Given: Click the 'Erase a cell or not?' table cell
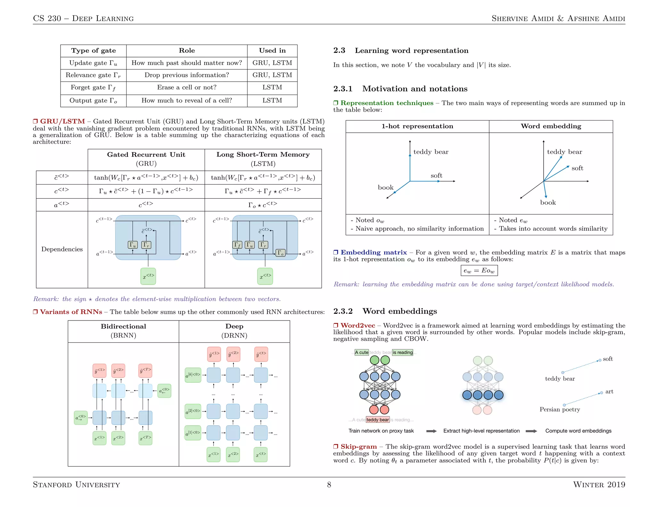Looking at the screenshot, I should point(186,87).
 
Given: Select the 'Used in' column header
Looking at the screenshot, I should point(272,51).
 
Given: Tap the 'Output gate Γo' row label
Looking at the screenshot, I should point(93,101).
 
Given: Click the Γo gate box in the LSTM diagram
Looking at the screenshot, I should point(280,253).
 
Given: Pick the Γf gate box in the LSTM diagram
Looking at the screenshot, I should point(237,245).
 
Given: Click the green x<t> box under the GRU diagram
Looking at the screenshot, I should point(148,276).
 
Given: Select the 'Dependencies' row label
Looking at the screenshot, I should point(62,249).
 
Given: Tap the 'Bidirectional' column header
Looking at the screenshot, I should point(123,327).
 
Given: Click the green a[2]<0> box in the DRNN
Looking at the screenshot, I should point(193,411).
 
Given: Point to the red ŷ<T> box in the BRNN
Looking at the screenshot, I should point(145,371).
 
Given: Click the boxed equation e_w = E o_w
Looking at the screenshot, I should point(479,270).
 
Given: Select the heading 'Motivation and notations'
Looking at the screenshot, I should point(414,89).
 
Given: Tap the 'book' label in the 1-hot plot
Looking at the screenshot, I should point(385,187).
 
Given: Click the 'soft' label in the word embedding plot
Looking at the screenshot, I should point(577,168).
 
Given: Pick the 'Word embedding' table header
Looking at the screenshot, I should point(551,126).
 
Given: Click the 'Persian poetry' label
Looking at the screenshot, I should point(560,410).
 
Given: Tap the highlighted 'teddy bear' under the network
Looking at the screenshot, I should point(377,420).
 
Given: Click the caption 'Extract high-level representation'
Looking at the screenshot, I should point(481,431).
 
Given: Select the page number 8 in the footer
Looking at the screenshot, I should point(329,485).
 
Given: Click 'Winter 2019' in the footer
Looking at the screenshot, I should point(599,485).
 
